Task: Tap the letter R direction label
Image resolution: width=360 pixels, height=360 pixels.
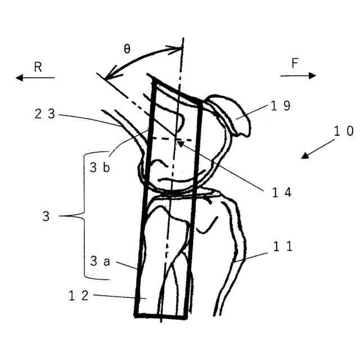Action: click(38, 67)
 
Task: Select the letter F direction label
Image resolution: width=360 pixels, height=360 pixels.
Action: click(295, 64)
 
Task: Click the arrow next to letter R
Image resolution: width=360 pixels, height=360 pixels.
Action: click(35, 78)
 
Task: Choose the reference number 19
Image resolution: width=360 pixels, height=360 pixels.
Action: click(280, 106)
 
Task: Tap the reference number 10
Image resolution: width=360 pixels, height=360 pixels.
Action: click(343, 131)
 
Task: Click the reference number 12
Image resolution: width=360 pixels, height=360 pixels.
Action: click(78, 295)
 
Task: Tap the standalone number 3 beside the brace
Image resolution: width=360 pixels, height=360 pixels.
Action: click(49, 215)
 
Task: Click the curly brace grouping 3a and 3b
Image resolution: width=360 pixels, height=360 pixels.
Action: click(84, 215)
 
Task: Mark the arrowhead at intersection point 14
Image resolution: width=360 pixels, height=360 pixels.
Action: click(179, 142)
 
